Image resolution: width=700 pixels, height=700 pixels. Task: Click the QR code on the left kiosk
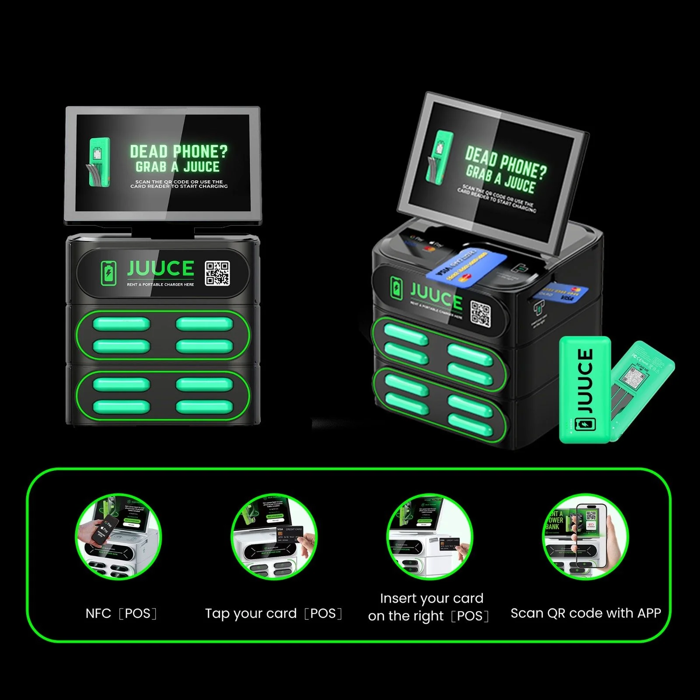pyautogui.click(x=217, y=273)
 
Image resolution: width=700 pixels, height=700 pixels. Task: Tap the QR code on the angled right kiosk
pyautogui.click(x=480, y=314)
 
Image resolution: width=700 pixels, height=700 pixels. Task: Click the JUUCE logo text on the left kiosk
pyautogui.click(x=161, y=269)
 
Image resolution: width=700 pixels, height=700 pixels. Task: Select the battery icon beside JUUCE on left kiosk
pyautogui.click(x=108, y=273)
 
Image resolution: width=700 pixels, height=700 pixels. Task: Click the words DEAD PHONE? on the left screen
pyautogui.click(x=178, y=152)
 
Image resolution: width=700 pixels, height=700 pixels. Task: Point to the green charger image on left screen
pyautogui.click(x=99, y=162)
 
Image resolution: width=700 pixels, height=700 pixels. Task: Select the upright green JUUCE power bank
pyautogui.click(x=585, y=389)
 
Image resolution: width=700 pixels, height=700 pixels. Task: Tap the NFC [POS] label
pyautogui.click(x=121, y=613)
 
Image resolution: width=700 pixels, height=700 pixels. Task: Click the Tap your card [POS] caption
pyautogui.click(x=273, y=613)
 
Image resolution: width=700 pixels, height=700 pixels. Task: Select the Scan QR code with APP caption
pyautogui.click(x=585, y=613)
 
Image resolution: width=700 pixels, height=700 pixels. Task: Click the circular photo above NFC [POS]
pyautogui.click(x=118, y=537)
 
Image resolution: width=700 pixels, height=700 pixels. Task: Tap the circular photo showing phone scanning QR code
pyautogui.click(x=585, y=537)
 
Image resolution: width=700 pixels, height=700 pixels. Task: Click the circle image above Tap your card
pyautogui.click(x=274, y=537)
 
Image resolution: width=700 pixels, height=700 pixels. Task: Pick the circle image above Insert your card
pyautogui.click(x=430, y=537)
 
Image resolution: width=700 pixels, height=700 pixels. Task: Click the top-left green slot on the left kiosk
pyautogui.click(x=121, y=324)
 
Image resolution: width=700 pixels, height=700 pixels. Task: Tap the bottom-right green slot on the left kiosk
pyautogui.click(x=204, y=407)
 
